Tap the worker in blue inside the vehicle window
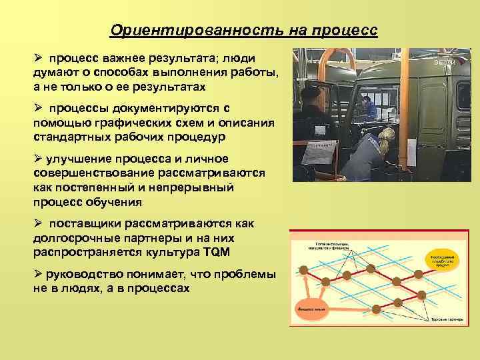coord(368,107)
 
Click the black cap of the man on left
coord(311,91)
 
